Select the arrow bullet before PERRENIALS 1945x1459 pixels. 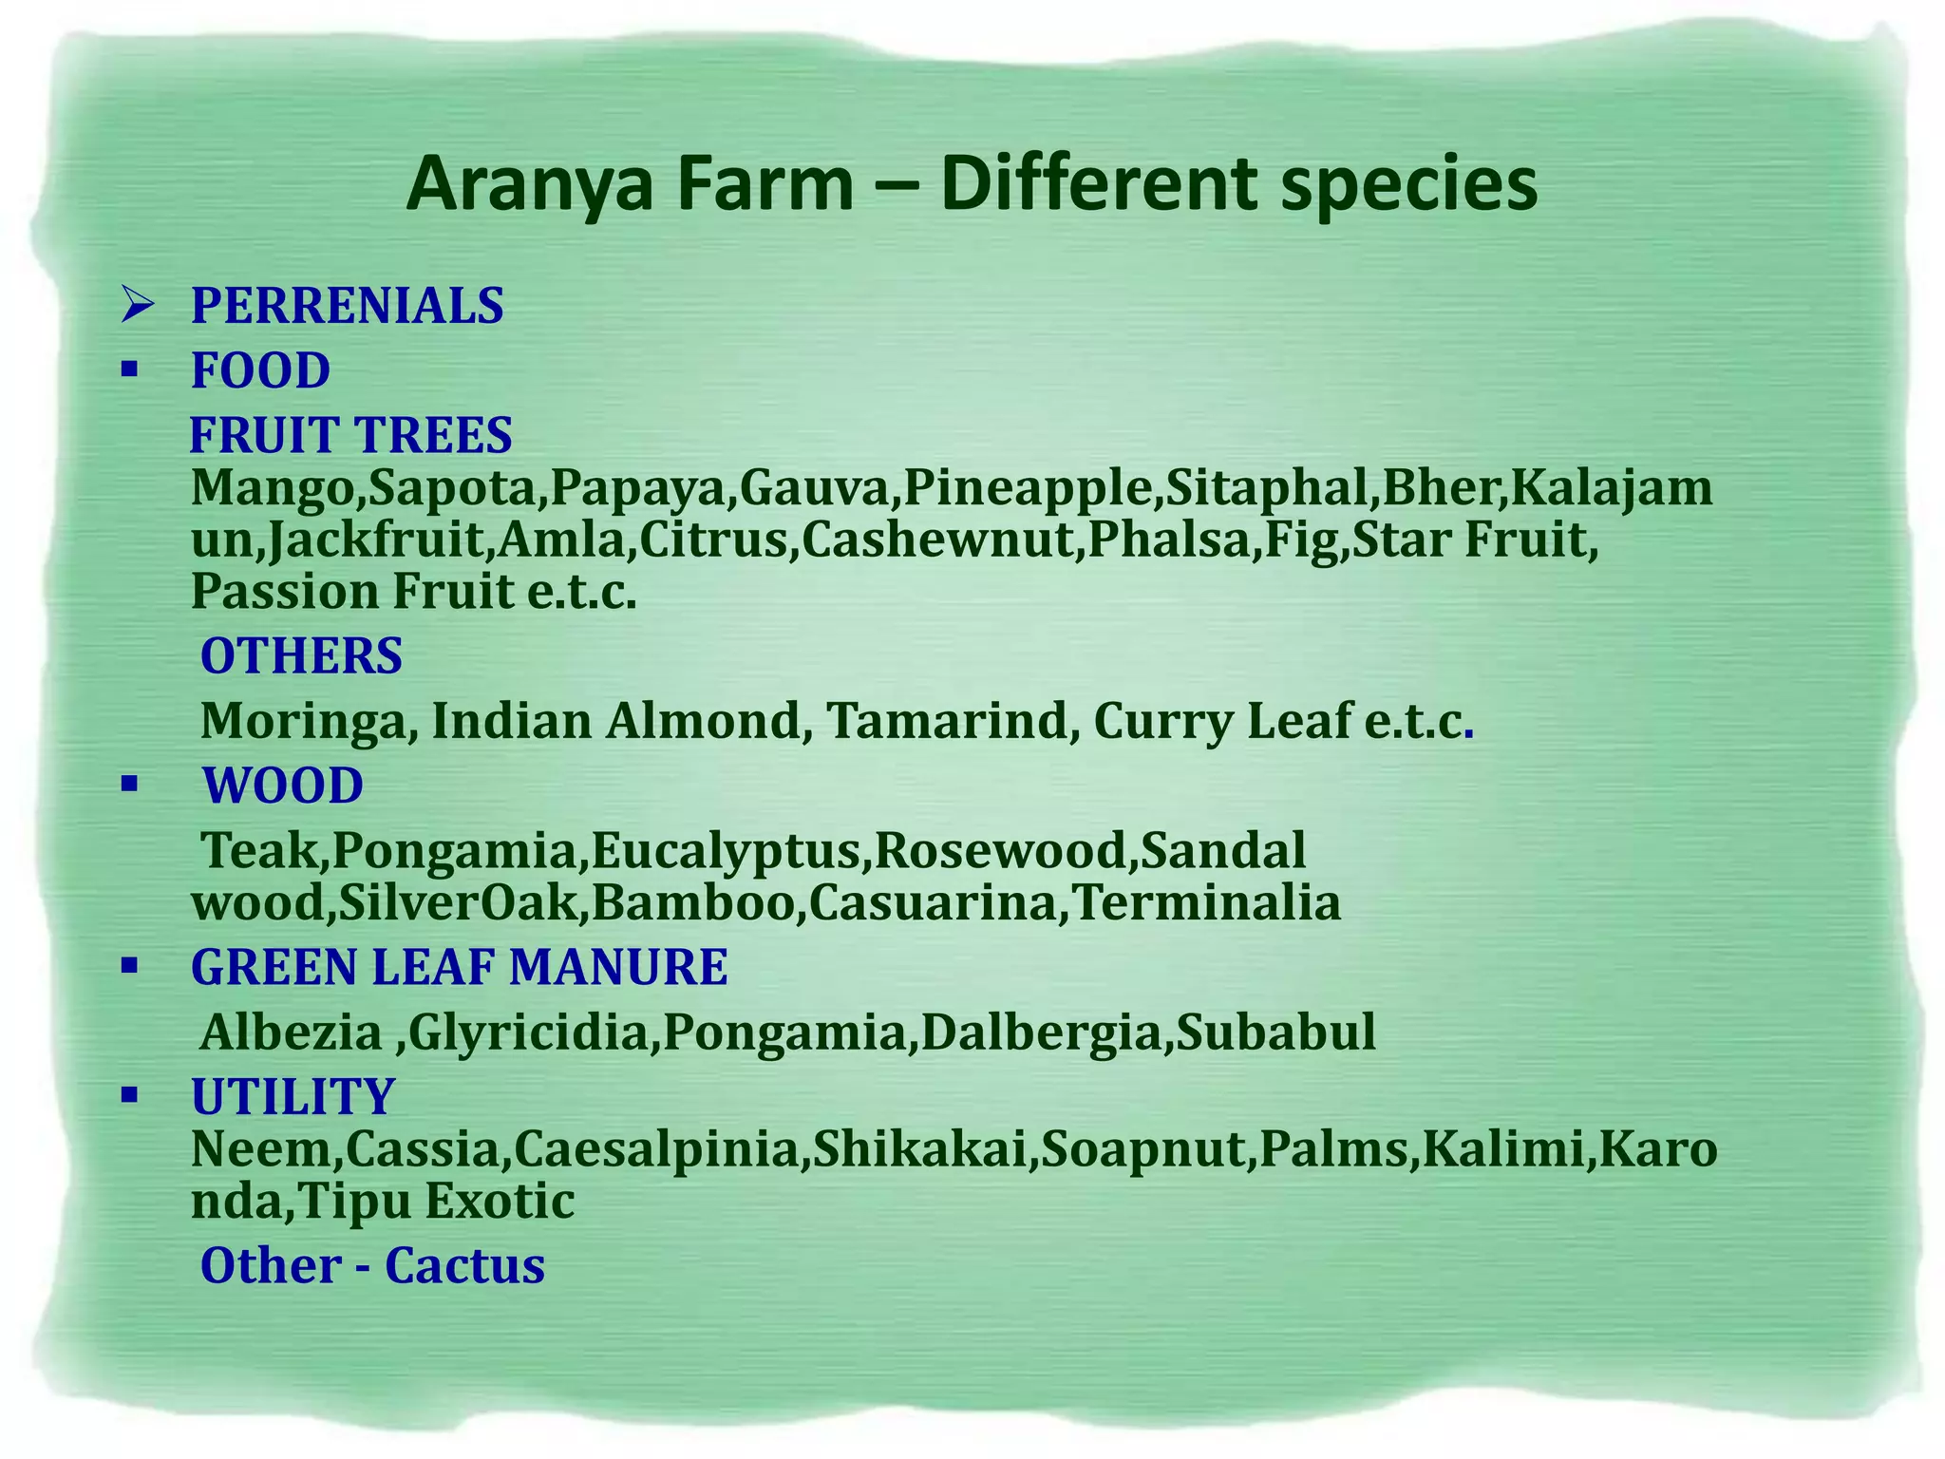tap(138, 306)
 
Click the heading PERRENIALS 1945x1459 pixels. tap(347, 306)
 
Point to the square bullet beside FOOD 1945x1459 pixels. tap(130, 369)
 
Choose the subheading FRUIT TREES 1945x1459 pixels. tap(350, 435)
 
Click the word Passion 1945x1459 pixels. tap(285, 591)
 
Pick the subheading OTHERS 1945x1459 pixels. tap(301, 656)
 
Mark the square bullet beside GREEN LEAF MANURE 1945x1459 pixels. tap(130, 967)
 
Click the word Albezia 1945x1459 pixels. tap(291, 1032)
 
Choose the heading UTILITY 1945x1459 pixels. tap(293, 1097)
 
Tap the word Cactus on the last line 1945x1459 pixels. tap(464, 1266)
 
